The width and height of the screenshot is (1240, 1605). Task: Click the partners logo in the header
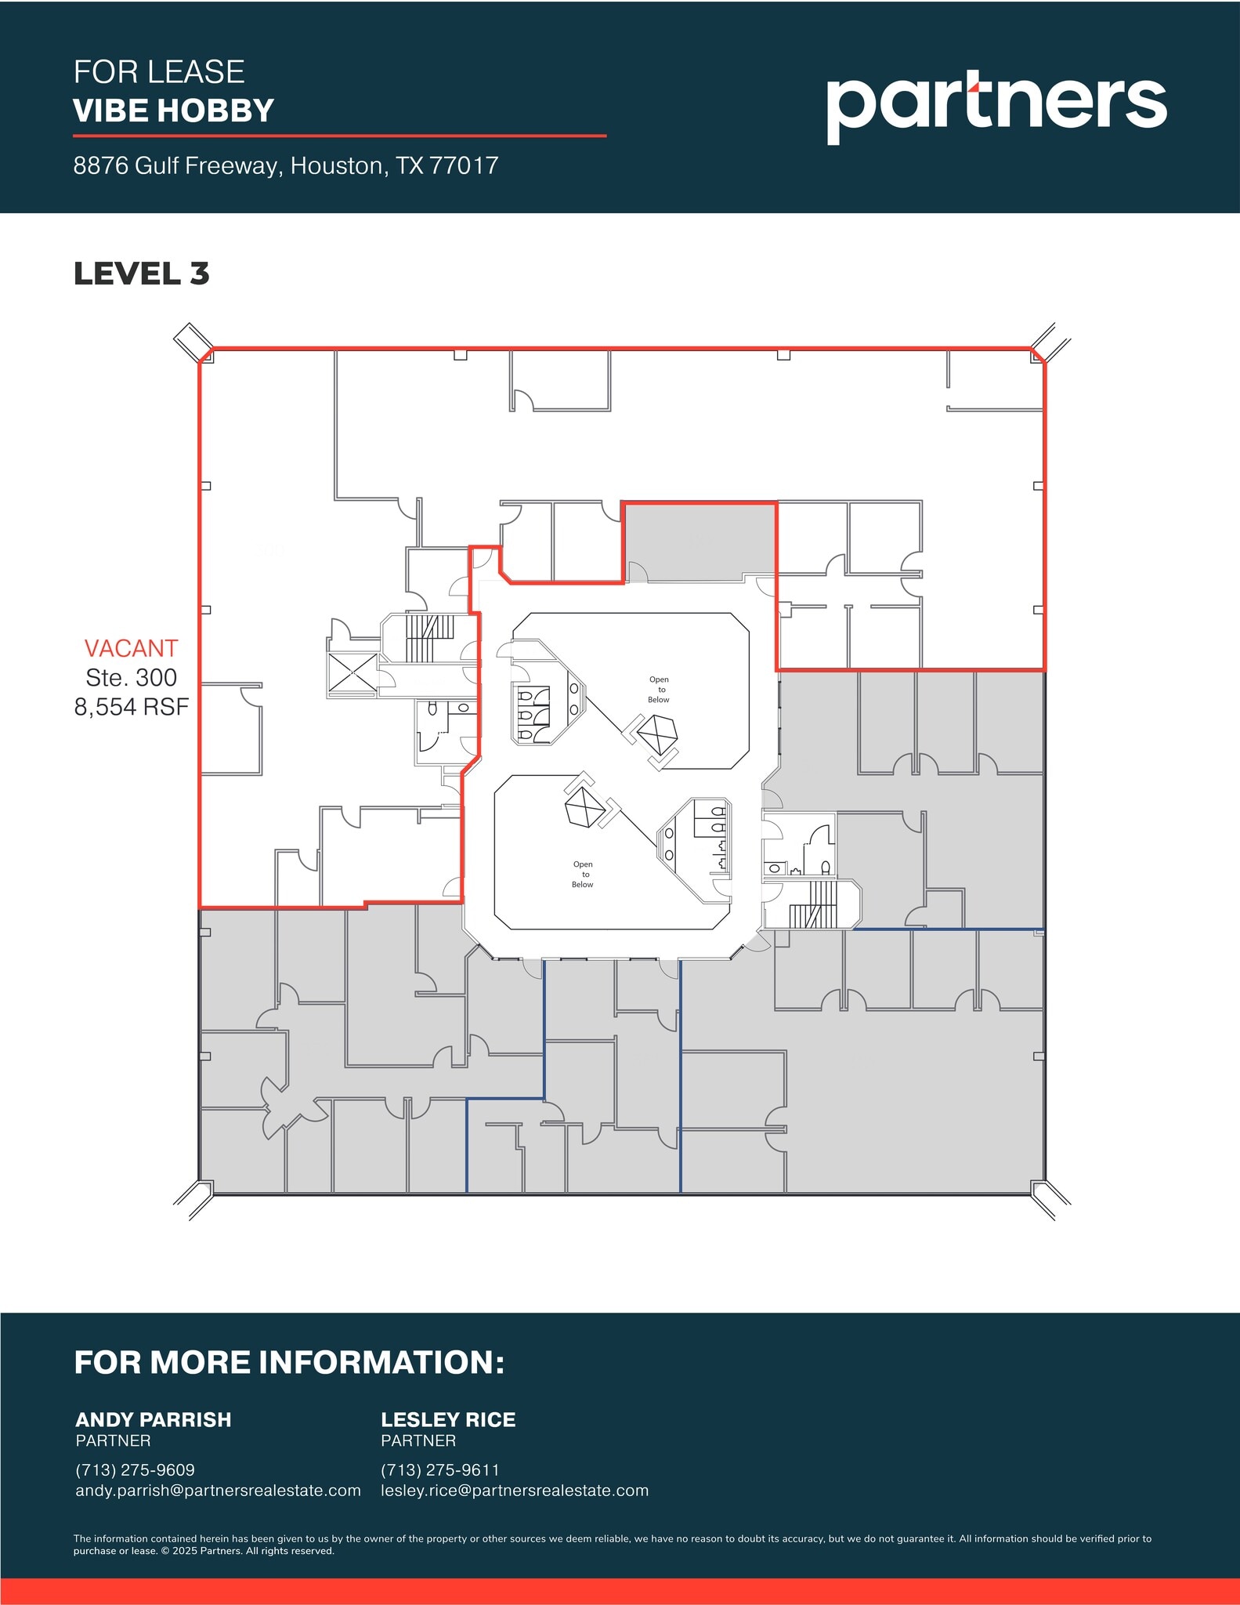click(996, 107)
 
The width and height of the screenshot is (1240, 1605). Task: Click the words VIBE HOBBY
click(173, 111)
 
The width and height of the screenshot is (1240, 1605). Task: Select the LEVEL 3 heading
click(141, 274)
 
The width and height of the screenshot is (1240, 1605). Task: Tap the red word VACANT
click(131, 648)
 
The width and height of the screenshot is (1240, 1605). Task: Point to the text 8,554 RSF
click(131, 707)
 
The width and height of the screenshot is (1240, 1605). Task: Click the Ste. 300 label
click(131, 677)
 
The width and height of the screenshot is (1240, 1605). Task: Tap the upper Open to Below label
click(659, 690)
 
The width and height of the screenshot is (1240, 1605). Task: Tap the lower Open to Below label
click(582, 875)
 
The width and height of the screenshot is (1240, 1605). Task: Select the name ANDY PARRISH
click(153, 1419)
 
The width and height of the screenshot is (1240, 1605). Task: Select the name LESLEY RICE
click(448, 1419)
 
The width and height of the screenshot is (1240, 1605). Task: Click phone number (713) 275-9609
click(135, 1469)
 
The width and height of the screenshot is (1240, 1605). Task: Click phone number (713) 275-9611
click(439, 1469)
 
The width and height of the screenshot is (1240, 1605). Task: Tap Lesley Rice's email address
click(515, 1490)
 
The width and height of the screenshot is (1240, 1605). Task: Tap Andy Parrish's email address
click(218, 1490)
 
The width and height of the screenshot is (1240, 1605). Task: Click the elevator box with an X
click(352, 672)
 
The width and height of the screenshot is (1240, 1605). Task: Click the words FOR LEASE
click(159, 72)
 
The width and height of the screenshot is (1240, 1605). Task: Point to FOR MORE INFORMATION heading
click(289, 1363)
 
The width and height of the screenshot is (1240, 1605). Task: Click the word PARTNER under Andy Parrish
click(113, 1440)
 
